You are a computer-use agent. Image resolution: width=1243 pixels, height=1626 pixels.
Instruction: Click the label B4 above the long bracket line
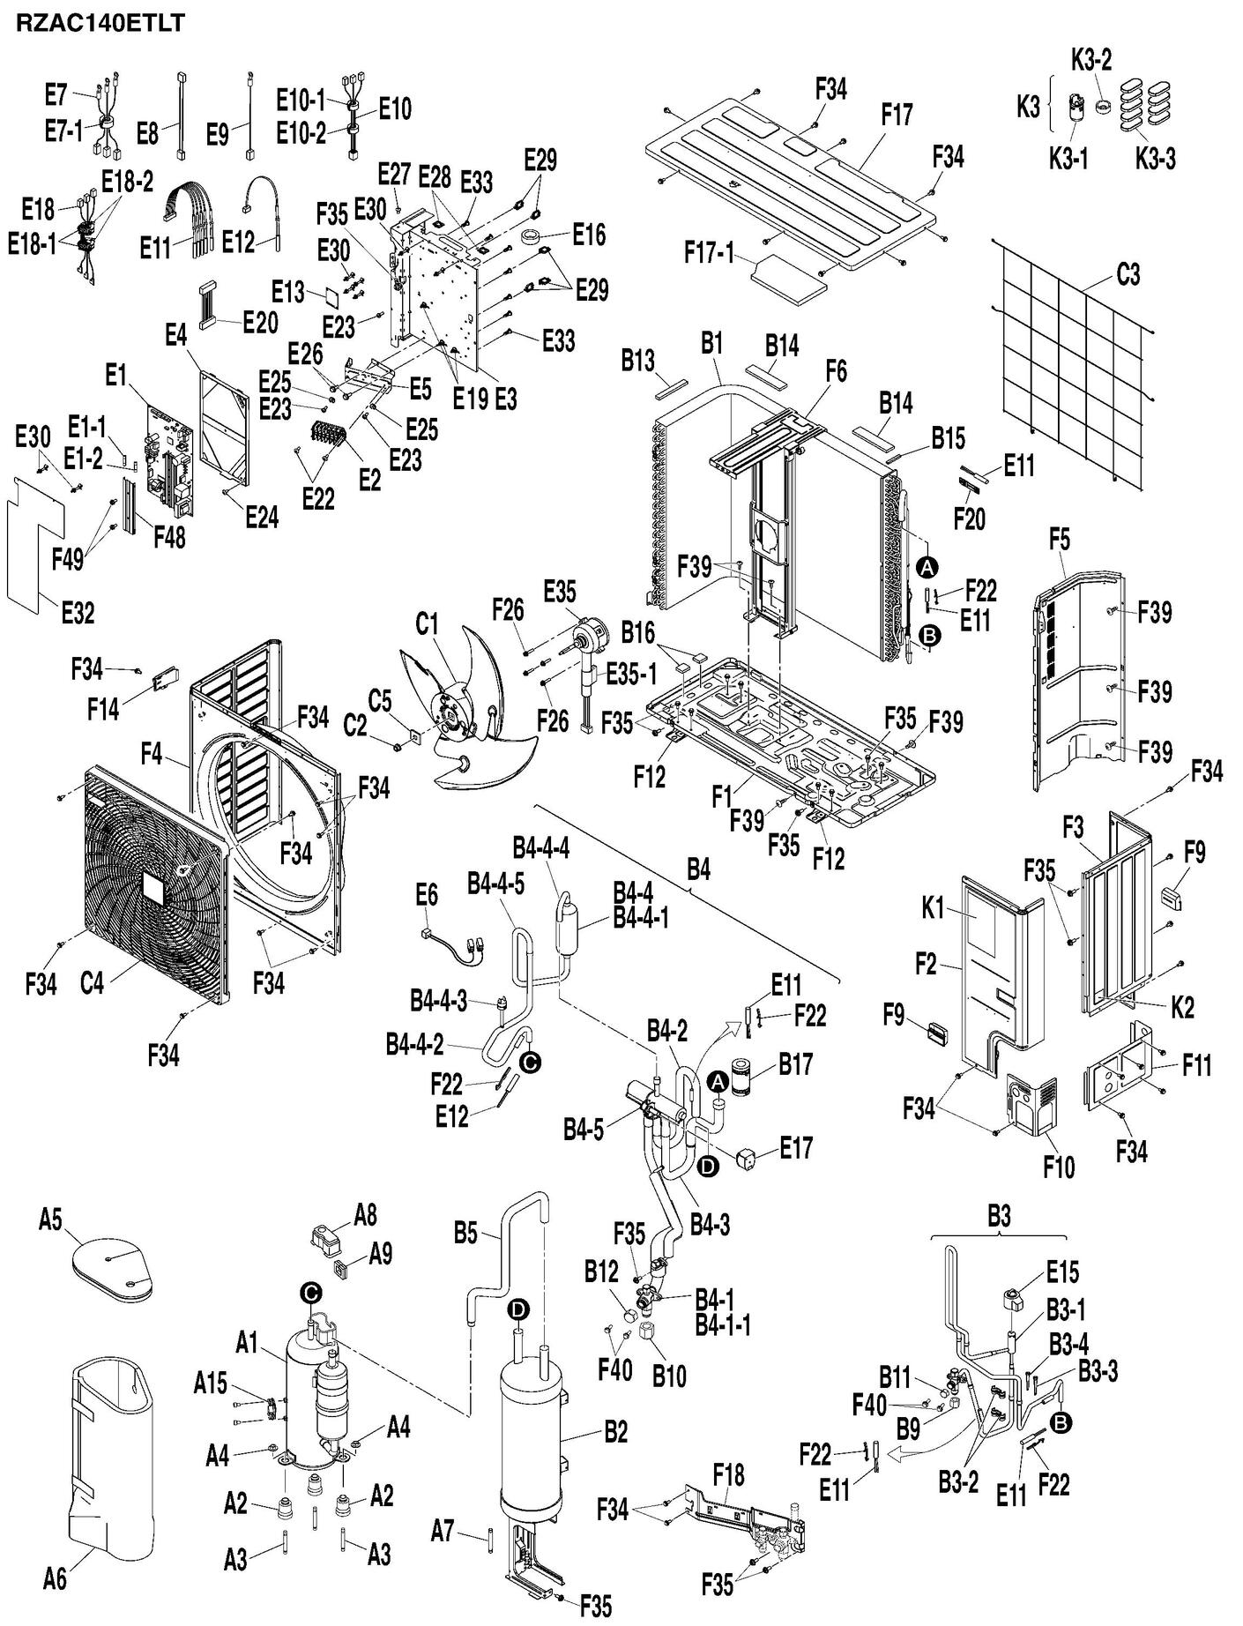698,871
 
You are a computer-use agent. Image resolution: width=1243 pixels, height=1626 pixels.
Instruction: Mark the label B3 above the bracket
998,1217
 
